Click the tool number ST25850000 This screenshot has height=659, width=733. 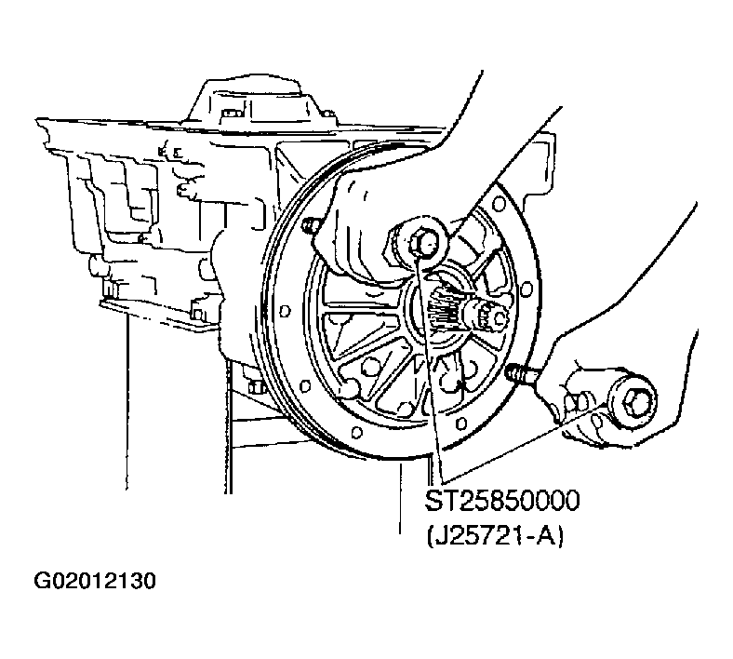502,501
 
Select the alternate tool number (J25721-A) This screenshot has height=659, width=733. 495,536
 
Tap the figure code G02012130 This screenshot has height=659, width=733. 95,581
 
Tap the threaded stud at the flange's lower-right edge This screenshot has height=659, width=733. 521,373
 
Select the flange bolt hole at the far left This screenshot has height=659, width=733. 285,311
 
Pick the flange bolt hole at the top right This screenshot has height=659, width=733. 499,205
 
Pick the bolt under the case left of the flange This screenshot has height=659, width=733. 254,388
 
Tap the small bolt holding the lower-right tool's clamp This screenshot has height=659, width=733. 576,403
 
